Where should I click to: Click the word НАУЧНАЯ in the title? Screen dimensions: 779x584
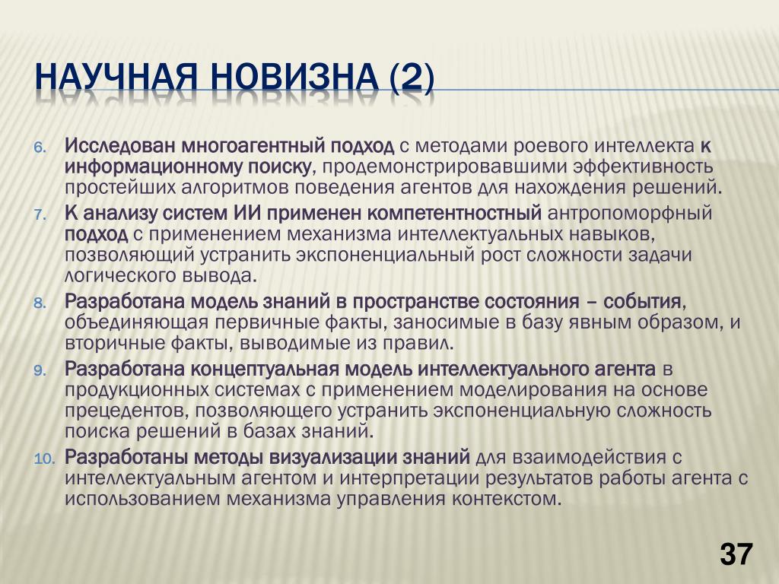[116, 78]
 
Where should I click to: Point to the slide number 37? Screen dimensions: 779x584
[736, 554]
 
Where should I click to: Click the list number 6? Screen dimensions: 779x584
[41, 148]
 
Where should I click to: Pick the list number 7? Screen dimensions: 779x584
[41, 215]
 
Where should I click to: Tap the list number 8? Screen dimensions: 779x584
[41, 303]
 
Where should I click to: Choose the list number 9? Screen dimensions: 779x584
[41, 370]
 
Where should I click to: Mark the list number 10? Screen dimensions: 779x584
[44, 459]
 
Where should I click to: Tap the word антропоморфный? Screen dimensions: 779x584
[629, 214]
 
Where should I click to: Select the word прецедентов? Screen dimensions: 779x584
[126, 411]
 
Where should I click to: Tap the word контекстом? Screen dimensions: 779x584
[506, 499]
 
